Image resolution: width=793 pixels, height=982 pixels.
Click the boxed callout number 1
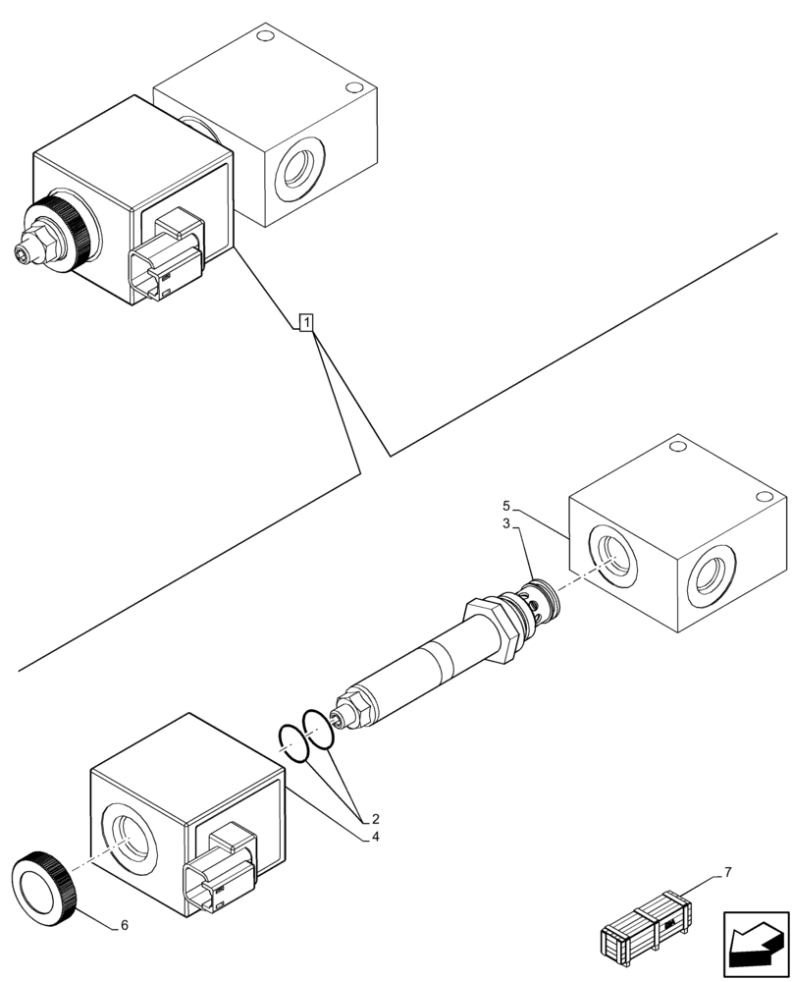click(306, 322)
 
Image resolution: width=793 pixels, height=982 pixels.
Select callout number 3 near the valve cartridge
click(506, 525)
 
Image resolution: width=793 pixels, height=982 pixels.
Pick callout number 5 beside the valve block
click(506, 505)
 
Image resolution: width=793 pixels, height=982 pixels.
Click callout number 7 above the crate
click(727, 872)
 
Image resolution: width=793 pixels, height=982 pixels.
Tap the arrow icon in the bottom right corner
click(755, 944)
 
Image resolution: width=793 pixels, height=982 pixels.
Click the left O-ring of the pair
click(292, 742)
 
